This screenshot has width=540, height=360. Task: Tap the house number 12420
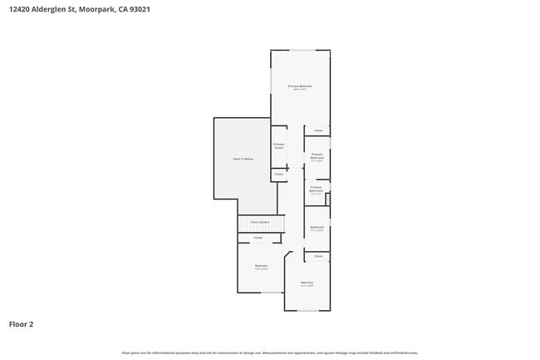(21, 10)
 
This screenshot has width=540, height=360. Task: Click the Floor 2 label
(22, 324)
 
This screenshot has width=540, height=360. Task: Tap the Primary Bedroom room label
(300, 86)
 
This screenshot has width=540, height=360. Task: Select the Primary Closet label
(279, 146)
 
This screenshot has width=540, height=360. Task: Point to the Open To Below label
(243, 158)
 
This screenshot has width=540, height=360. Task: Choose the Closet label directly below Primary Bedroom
(318, 131)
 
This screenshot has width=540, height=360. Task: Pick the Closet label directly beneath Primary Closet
(279, 175)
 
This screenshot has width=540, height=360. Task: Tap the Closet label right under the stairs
(258, 238)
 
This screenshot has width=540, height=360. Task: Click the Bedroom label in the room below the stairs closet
(261, 266)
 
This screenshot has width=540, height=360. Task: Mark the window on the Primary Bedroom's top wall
(301, 50)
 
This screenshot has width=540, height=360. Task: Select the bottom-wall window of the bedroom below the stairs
(272, 293)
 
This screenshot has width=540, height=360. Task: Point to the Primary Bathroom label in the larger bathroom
(317, 155)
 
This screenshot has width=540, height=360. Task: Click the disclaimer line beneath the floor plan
(270, 353)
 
